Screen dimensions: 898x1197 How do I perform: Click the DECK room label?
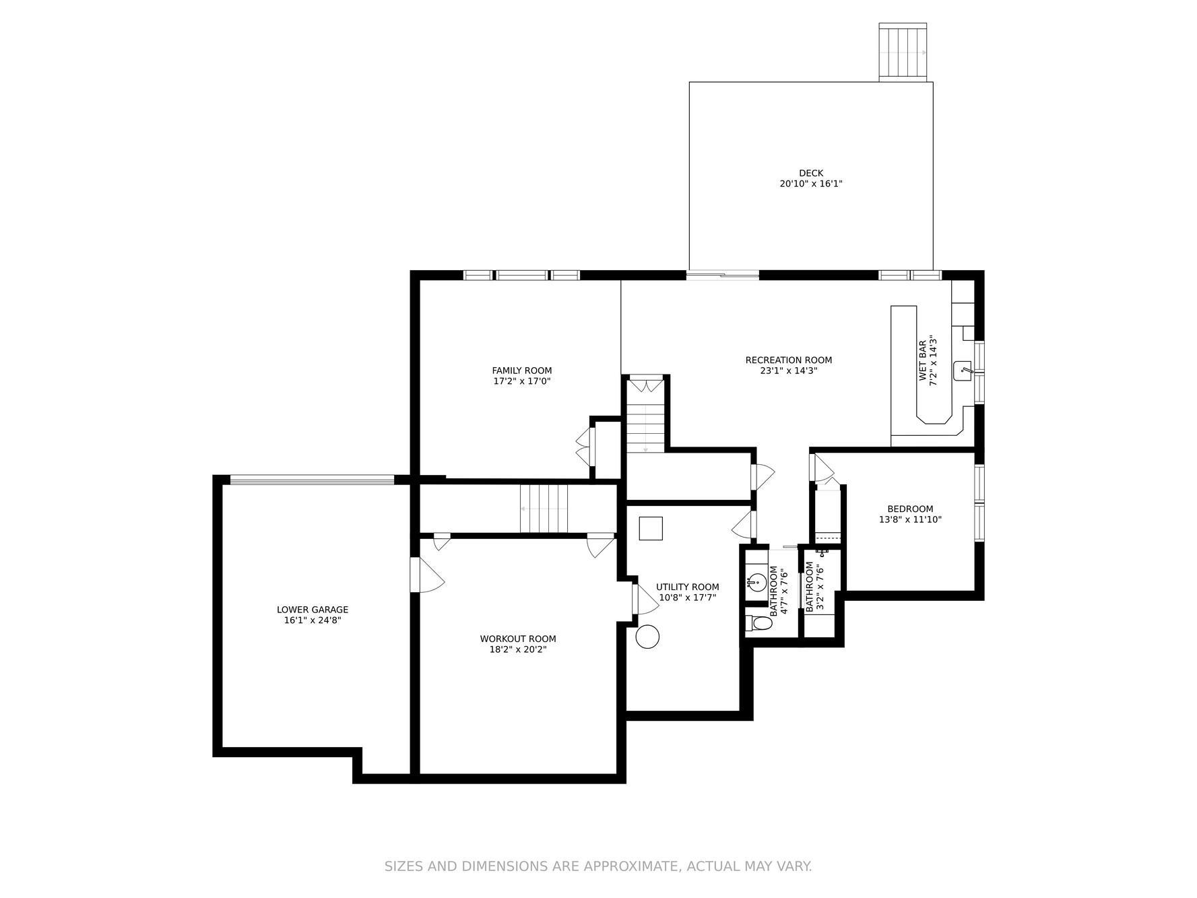(x=811, y=173)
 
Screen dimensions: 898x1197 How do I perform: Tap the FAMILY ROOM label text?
(x=521, y=371)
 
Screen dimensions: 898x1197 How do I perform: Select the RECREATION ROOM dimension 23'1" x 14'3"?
(x=788, y=371)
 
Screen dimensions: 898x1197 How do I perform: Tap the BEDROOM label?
(x=910, y=509)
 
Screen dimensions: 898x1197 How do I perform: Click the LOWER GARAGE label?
(x=313, y=610)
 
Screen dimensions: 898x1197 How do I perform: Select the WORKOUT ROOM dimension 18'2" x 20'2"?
(x=518, y=649)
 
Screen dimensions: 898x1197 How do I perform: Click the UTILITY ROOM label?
(x=687, y=587)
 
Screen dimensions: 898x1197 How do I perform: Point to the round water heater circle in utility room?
(x=647, y=637)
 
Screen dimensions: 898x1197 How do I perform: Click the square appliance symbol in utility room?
(x=651, y=528)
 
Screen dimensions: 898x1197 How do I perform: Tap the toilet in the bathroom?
(x=759, y=623)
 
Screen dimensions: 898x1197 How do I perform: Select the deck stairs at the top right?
(x=903, y=53)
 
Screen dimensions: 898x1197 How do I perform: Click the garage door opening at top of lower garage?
(x=312, y=480)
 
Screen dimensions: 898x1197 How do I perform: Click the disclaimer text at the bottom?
(x=598, y=866)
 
